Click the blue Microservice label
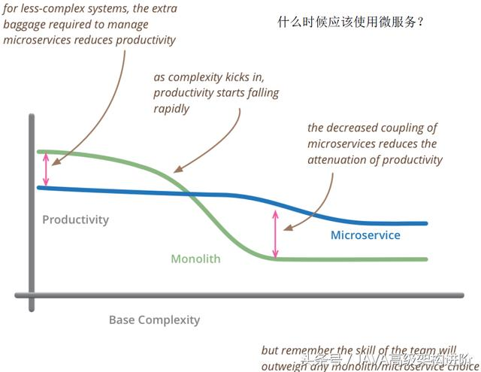(x=365, y=235)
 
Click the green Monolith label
(x=195, y=259)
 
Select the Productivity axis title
(x=75, y=220)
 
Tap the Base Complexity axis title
(x=154, y=319)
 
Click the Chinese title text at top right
(x=352, y=21)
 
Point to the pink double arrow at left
(x=46, y=169)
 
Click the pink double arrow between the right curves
(x=275, y=234)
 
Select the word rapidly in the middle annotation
(x=171, y=108)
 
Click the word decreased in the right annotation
(x=352, y=129)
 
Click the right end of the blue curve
(x=426, y=223)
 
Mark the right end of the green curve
(x=426, y=259)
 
